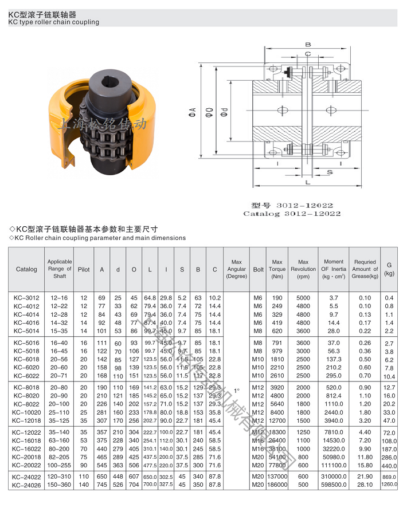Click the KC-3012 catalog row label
click(26, 298)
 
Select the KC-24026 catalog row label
click(26, 485)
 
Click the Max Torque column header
click(277, 269)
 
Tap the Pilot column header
click(84, 269)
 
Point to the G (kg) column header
click(390, 269)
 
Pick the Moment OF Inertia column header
click(334, 269)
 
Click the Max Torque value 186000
click(277, 485)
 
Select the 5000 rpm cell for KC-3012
click(303, 298)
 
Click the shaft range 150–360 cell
click(59, 485)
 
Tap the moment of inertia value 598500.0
click(334, 485)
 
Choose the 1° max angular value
click(236, 389)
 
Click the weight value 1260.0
click(390, 485)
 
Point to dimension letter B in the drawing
click(308, 44)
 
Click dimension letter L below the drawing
click(308, 183)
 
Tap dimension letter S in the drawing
click(331, 171)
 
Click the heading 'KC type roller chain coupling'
click(54, 22)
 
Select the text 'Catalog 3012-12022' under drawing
click(292, 214)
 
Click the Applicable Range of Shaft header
click(59, 269)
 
